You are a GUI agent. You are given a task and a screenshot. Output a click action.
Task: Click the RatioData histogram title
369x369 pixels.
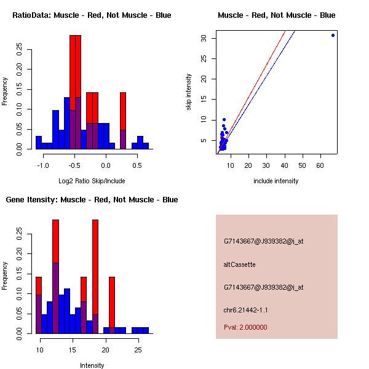pyautogui.click(x=92, y=15)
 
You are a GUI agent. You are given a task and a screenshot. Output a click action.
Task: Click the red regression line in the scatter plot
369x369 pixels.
pyautogui.click(x=264, y=61)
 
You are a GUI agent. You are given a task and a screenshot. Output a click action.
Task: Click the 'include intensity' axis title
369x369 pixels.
pyautogui.click(x=276, y=181)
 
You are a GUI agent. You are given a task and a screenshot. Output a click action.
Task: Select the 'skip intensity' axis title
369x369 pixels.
pyautogui.click(x=189, y=92)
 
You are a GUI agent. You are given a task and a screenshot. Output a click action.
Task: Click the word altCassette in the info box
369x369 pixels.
pyautogui.click(x=239, y=264)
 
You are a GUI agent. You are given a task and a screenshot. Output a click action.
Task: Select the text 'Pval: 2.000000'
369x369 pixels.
pyautogui.click(x=245, y=327)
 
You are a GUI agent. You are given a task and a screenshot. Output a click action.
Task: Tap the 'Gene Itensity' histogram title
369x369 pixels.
pyautogui.click(x=92, y=200)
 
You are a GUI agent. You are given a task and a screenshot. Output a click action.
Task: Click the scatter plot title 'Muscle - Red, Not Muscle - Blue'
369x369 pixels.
pyautogui.click(x=276, y=15)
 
